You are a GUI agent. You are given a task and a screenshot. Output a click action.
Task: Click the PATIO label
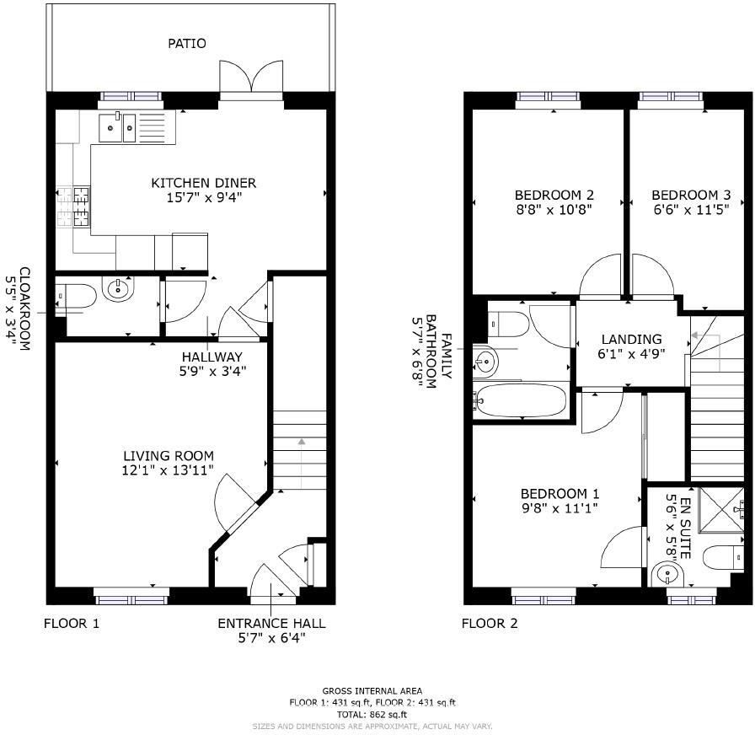[187, 43]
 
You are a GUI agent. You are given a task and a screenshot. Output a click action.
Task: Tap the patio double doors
[250, 78]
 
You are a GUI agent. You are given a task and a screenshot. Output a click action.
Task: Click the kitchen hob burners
[73, 207]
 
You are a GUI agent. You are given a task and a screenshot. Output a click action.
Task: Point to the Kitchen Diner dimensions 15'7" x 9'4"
[203, 198]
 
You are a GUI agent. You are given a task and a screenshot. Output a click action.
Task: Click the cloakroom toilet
[73, 297]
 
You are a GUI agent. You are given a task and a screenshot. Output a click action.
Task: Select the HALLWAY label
[212, 357]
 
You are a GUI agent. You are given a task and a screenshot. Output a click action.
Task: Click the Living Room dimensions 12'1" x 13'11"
[167, 470]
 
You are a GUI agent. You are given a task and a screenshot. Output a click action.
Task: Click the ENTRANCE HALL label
[271, 624]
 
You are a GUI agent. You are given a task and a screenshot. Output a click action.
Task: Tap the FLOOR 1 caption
[72, 624]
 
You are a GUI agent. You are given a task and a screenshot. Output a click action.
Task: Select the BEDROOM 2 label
[549, 194]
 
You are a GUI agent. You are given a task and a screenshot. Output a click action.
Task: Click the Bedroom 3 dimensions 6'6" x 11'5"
[684, 210]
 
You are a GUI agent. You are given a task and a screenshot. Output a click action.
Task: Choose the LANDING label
[631, 339]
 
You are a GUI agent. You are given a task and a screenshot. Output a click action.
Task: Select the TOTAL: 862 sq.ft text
[372, 714]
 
